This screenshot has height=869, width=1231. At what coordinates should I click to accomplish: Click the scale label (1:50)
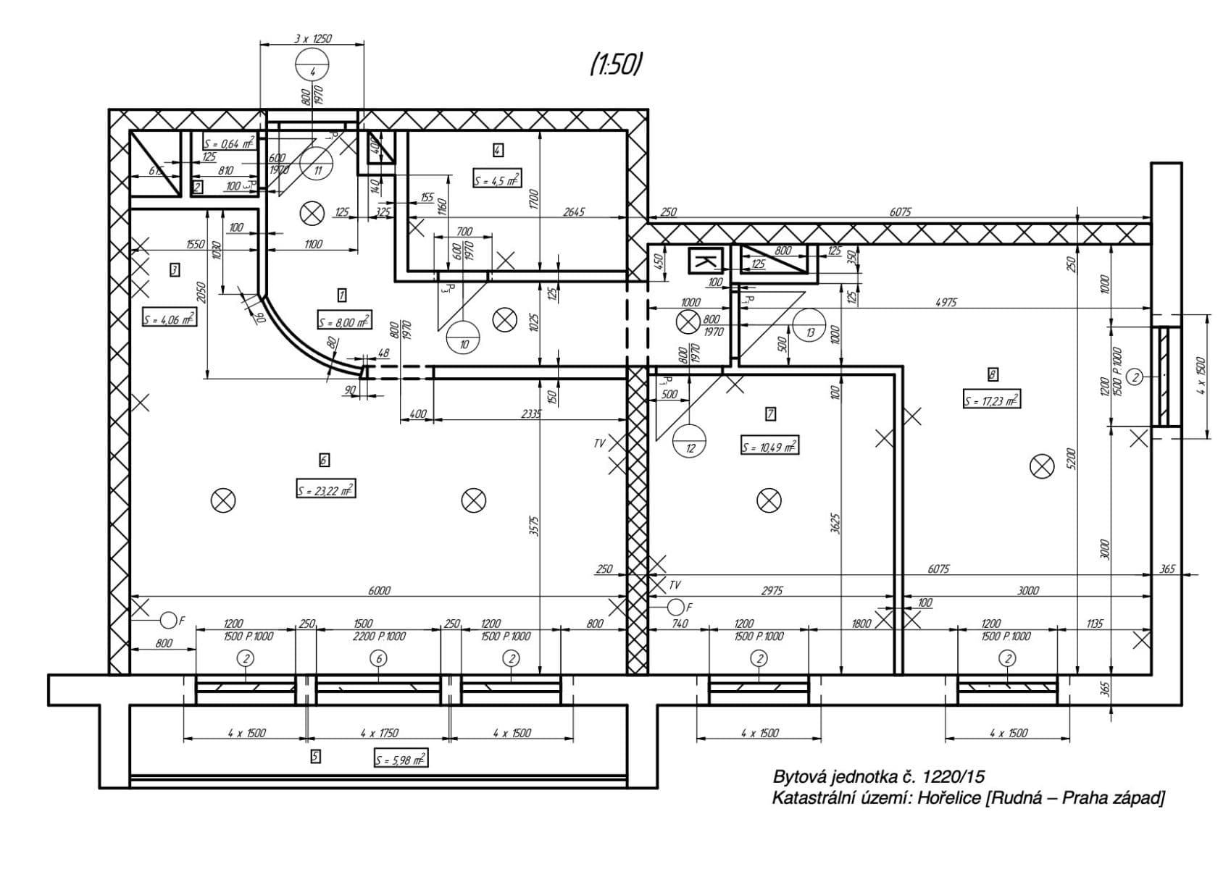[617, 65]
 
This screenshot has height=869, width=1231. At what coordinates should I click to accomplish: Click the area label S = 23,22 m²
[325, 490]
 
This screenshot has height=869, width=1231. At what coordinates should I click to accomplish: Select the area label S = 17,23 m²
[991, 400]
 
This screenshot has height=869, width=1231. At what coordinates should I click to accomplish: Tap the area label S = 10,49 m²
[769, 447]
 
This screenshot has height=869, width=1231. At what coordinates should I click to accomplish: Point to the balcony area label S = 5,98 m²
[401, 760]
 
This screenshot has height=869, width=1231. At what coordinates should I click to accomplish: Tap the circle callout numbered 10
[463, 337]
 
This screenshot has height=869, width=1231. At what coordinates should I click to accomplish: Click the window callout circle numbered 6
[377, 658]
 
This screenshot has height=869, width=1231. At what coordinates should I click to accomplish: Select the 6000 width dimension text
[378, 590]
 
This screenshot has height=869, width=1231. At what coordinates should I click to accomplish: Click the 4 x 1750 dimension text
[379, 733]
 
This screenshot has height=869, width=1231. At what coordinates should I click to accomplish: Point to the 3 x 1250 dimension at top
[312, 38]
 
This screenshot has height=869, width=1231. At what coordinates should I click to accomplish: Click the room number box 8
[992, 374]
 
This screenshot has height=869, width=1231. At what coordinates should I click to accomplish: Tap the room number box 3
[174, 270]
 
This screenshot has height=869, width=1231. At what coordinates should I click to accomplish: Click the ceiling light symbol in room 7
[768, 500]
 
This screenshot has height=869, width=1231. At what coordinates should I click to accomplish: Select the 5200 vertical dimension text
[1072, 458]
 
